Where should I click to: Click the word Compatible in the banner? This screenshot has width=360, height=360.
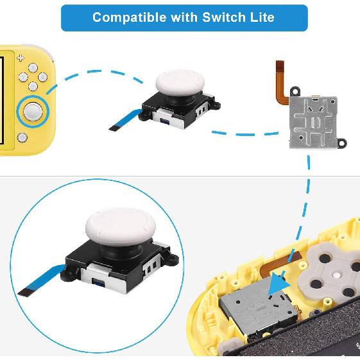click(x=128, y=17)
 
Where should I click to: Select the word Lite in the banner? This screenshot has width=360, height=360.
click(x=261, y=17)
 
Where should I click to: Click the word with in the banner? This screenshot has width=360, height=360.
click(x=183, y=17)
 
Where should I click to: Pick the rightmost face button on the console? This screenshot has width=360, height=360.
click(x=41, y=78)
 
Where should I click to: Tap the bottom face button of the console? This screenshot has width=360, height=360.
click(x=32, y=87)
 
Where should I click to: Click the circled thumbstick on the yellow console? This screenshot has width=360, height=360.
click(x=31, y=112)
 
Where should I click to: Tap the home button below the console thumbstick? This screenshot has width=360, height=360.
click(x=22, y=137)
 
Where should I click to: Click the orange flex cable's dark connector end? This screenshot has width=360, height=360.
click(x=279, y=65)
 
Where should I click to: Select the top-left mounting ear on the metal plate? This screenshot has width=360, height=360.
click(x=295, y=90)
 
